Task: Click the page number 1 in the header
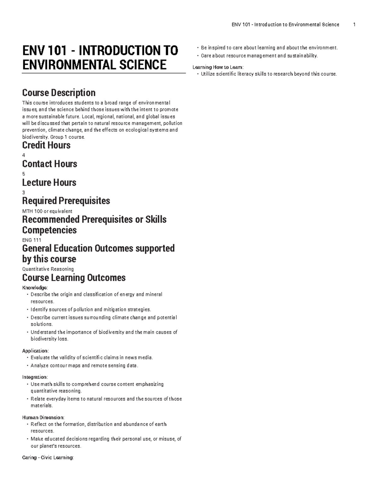[354, 25]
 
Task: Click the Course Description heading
[59, 93]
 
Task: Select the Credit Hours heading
[46, 145]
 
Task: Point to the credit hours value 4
[24, 155]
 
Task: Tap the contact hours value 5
[24, 174]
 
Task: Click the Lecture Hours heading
[49, 183]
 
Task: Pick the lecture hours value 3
[24, 192]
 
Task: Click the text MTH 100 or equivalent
[47, 211]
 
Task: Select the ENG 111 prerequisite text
[31, 240]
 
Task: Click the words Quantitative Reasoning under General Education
[48, 269]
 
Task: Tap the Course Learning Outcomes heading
[74, 278]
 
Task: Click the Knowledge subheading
[35, 288]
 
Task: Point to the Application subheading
[35, 351]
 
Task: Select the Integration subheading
[35, 377]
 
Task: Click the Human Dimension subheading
[43, 418]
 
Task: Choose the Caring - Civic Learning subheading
[48, 458]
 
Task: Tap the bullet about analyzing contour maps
[84, 366]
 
